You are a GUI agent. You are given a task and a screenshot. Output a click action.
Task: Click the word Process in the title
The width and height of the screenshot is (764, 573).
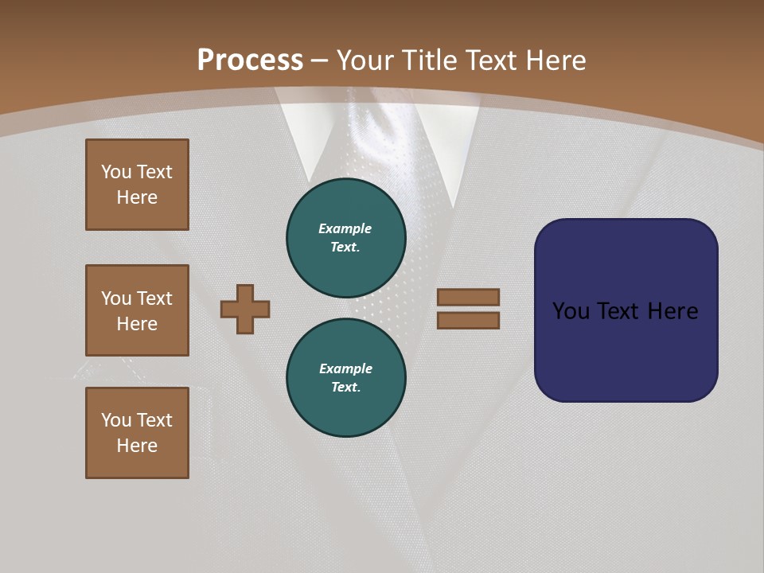tap(250, 60)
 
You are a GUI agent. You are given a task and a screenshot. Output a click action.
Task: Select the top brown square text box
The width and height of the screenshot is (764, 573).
tap(137, 185)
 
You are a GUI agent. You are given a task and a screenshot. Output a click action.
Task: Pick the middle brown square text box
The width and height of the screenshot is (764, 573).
tap(137, 310)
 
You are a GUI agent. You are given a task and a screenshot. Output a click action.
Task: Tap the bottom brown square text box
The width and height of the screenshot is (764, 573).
tap(137, 433)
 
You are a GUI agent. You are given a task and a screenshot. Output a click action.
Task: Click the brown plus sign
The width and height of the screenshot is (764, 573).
tap(245, 309)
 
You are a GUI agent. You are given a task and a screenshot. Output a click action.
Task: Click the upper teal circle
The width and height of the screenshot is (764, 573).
tap(346, 237)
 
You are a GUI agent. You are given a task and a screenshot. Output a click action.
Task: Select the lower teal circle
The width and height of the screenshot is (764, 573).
tap(346, 377)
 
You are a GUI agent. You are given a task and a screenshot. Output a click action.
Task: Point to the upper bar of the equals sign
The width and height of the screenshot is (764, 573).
tap(468, 297)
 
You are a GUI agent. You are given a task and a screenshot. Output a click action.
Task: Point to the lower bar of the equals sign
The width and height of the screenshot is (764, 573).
tap(468, 321)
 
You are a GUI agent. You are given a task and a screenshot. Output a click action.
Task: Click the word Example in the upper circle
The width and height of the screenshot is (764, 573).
tap(345, 228)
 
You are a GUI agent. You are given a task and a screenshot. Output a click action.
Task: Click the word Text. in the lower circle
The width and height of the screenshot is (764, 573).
tap(345, 388)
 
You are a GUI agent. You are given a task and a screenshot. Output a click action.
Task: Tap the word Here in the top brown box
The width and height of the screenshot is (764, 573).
tap(137, 197)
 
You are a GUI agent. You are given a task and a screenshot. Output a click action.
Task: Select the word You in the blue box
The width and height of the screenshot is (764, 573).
tap(571, 311)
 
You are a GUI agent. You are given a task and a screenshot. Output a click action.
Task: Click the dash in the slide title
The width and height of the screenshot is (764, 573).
tap(320, 60)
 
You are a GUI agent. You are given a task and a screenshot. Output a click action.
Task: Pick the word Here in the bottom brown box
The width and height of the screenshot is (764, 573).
tap(137, 446)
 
